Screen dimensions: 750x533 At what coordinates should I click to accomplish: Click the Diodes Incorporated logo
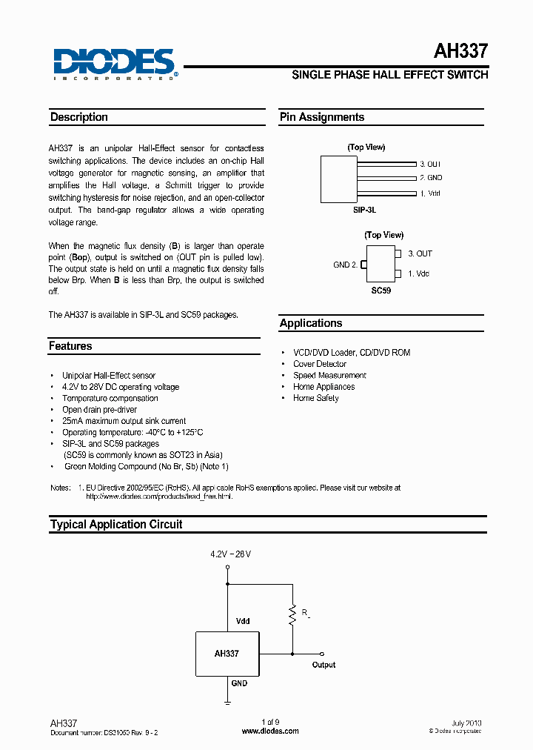coord(114,64)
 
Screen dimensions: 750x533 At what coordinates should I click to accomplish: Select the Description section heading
coord(78,117)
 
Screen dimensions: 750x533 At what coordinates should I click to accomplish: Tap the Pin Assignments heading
coord(321,117)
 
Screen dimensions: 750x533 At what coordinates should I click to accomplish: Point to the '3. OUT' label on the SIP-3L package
coord(430,164)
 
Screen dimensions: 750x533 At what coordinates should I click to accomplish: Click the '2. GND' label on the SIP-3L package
coord(431,178)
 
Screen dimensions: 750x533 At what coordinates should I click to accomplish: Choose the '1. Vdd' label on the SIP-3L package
coord(430,193)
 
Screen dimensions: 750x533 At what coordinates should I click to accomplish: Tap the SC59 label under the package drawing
coord(381,291)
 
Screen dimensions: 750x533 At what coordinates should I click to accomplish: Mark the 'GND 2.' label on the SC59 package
coord(345,265)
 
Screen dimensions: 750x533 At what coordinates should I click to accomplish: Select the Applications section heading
coord(311,323)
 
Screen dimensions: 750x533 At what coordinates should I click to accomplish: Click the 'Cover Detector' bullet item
coord(319,364)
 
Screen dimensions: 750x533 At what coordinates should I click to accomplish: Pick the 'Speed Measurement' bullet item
coord(329,376)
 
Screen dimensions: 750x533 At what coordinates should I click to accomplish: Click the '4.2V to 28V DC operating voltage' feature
coord(121,387)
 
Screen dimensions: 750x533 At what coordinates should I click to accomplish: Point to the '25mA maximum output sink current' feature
coord(124,421)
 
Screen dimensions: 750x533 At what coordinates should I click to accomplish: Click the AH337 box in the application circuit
coord(227,654)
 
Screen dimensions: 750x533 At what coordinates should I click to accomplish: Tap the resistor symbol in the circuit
coord(293,612)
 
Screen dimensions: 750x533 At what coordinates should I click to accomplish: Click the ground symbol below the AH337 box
coord(227,698)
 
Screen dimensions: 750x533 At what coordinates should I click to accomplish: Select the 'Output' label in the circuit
coord(324,665)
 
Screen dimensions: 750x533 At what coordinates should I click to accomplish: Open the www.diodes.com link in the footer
coord(271,731)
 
